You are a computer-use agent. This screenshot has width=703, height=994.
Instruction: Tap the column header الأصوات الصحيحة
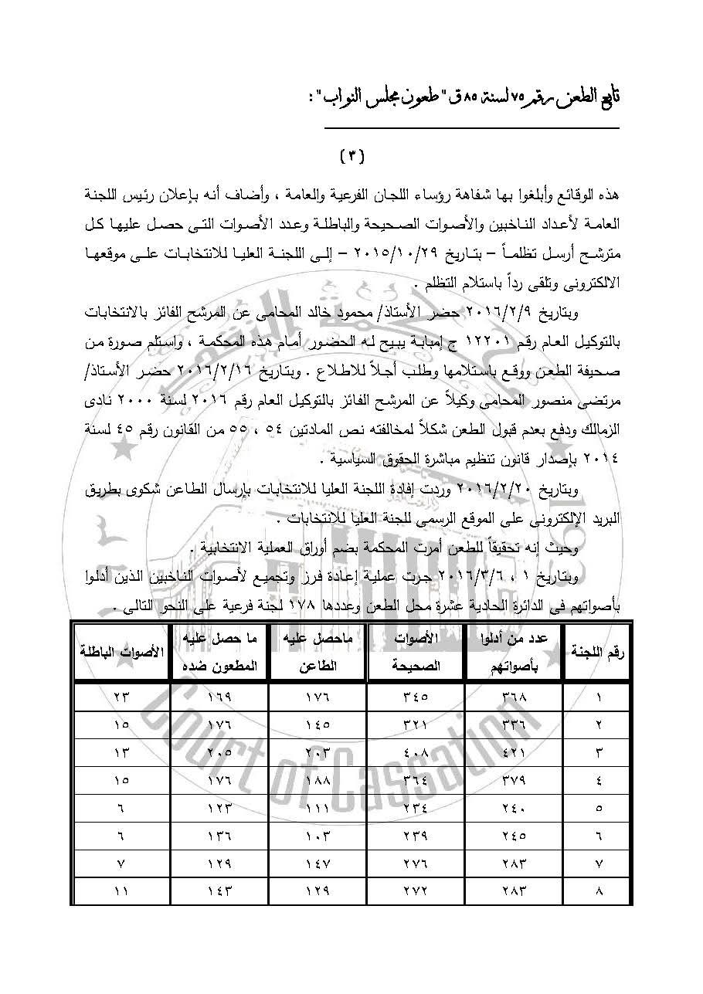(x=416, y=653)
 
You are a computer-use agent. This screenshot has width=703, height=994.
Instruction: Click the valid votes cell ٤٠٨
(x=416, y=752)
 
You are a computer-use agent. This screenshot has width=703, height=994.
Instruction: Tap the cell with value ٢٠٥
(x=219, y=752)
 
